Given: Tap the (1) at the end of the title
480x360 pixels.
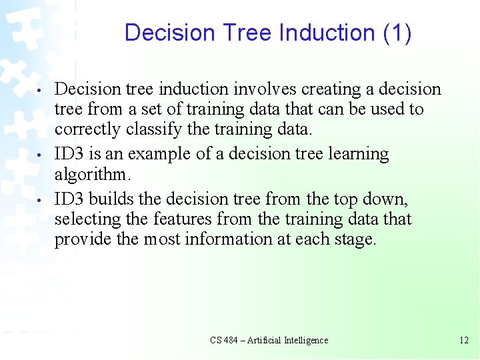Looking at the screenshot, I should coord(397,33).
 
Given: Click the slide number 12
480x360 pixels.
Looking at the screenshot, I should coord(464,340).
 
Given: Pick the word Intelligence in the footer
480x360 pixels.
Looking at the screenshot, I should coord(305,340).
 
